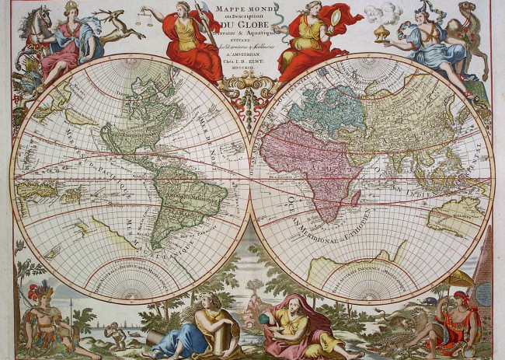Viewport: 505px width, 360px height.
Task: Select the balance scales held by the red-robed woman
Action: tap(146, 16)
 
